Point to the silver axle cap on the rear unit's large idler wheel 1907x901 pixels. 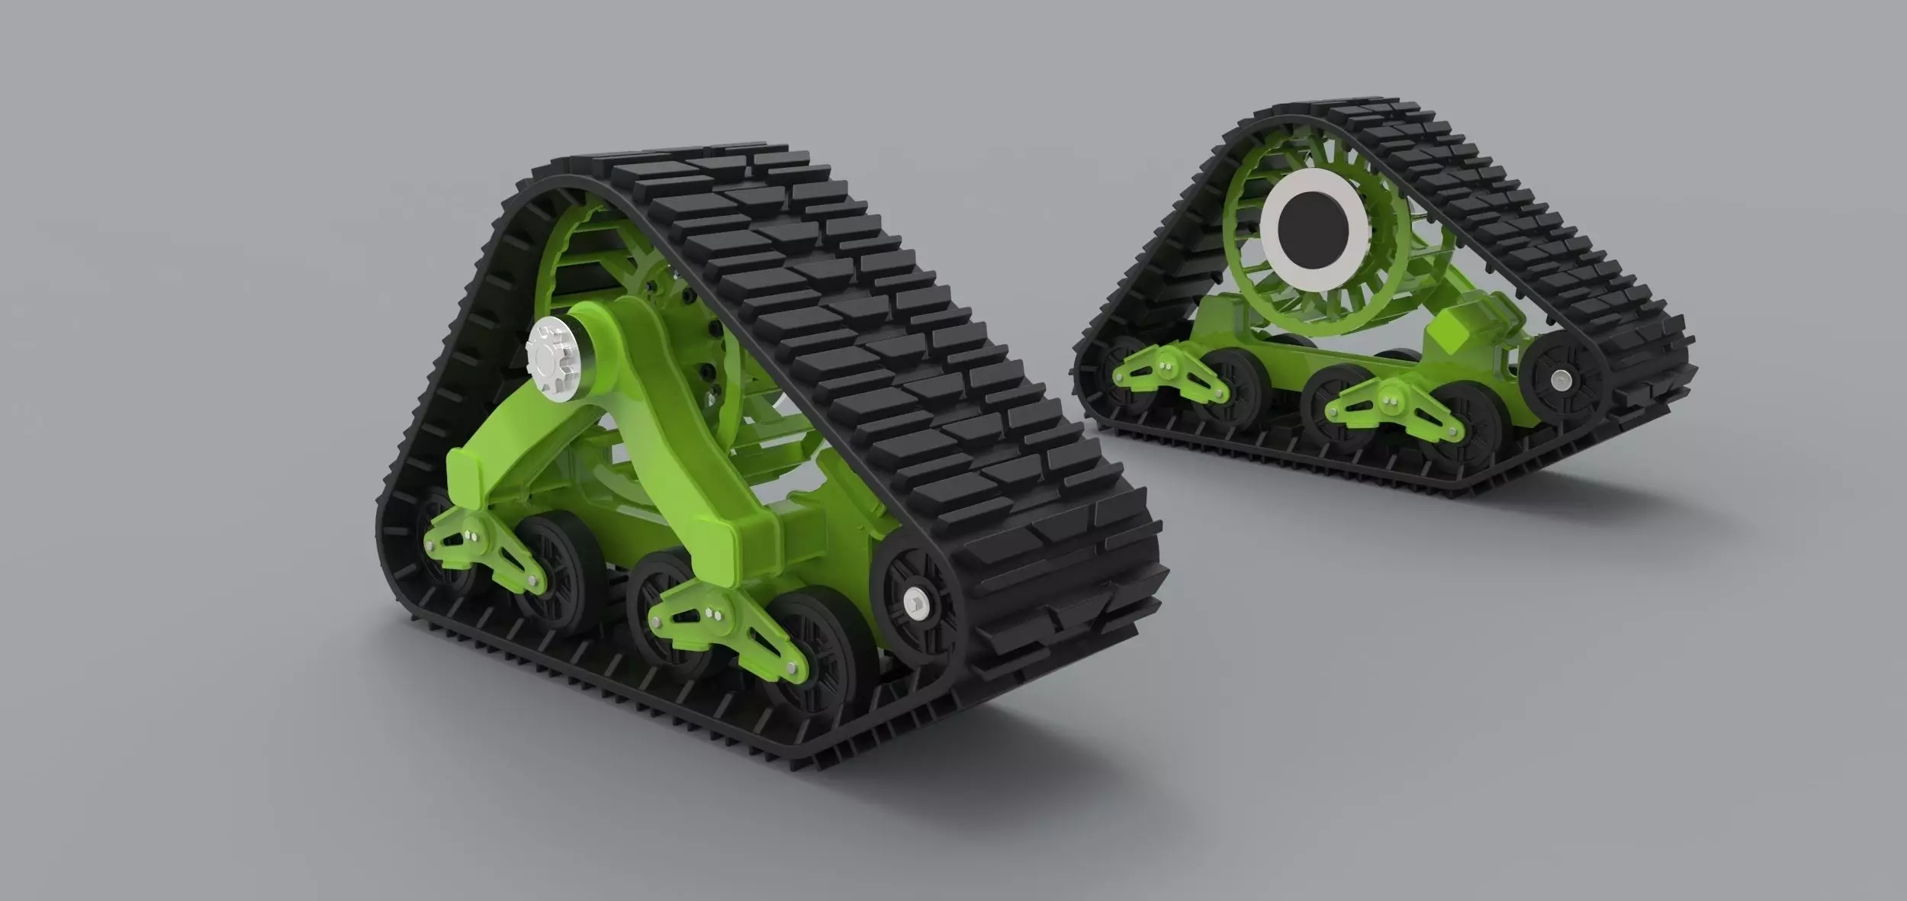[x=1561, y=376]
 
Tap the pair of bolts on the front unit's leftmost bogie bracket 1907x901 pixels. [x=478, y=529]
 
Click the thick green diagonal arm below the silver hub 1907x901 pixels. [x=687, y=435]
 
